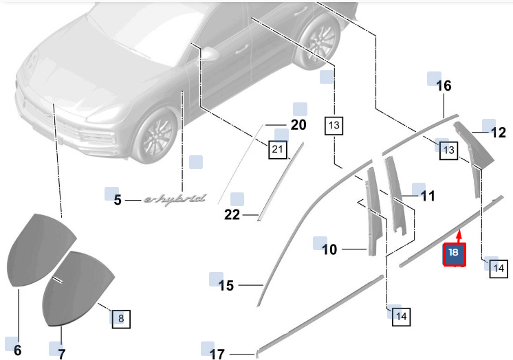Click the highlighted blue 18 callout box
455,254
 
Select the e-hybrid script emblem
175,199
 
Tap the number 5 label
118,200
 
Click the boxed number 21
277,150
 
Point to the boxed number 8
121,319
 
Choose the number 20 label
298,125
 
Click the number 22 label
232,215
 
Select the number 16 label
444,86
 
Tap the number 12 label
499,133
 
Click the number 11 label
428,196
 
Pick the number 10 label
329,249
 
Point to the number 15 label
226,285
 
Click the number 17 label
217,354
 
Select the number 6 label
18,350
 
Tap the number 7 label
61,354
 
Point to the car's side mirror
209,54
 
